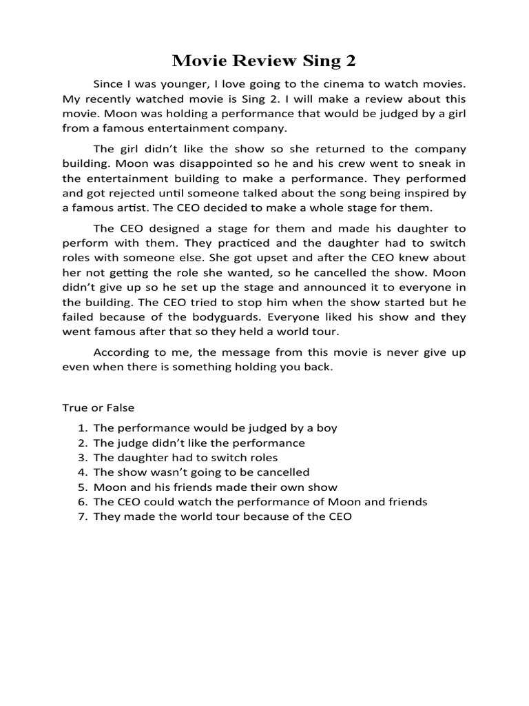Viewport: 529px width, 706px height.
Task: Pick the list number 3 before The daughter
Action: point(82,457)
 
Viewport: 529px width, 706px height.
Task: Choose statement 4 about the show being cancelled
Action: point(201,472)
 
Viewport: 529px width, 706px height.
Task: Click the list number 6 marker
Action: point(82,502)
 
